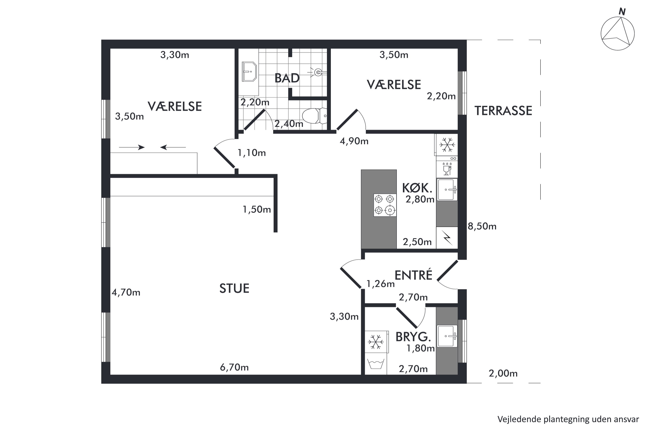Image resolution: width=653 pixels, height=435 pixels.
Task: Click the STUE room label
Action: coord(234,289)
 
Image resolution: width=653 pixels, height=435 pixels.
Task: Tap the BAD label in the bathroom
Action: coord(287,78)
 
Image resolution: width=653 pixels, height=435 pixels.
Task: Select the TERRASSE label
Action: coord(503,111)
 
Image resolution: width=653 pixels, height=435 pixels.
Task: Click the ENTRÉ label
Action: coord(413,275)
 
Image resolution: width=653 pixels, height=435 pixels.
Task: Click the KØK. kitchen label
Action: coord(417,188)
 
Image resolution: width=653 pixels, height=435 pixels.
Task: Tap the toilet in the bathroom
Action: coord(314,116)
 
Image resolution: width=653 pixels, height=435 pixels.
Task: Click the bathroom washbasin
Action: coord(249,72)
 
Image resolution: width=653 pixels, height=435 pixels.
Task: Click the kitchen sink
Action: coord(447,189)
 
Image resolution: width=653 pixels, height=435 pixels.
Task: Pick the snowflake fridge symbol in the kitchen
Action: coord(447,145)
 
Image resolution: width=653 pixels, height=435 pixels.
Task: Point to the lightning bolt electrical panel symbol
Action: coord(447,238)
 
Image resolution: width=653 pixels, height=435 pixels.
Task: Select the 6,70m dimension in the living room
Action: coord(234,368)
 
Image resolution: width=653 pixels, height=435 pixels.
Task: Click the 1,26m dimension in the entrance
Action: coord(380,284)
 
